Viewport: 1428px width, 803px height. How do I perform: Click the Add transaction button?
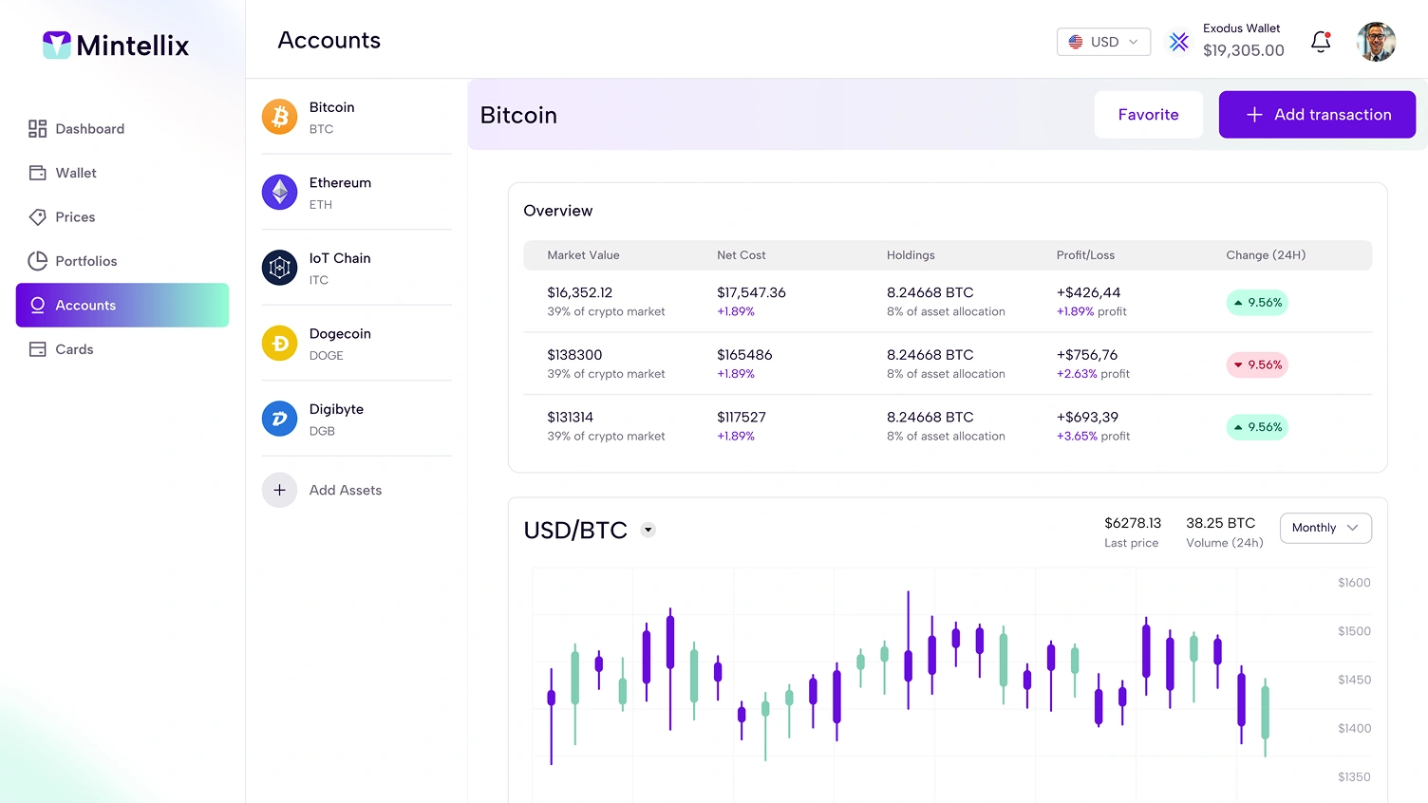point(1317,115)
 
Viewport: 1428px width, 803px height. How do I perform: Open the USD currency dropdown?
point(1103,42)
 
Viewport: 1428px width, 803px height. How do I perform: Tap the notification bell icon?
point(1320,42)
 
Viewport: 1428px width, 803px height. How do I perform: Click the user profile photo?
point(1376,42)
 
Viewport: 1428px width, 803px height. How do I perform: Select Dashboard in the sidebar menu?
point(89,129)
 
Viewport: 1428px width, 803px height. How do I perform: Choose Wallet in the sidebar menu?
point(76,173)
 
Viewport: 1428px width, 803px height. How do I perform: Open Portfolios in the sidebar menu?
point(85,261)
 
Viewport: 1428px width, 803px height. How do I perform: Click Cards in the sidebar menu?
point(74,349)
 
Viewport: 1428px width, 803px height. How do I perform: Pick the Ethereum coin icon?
point(279,192)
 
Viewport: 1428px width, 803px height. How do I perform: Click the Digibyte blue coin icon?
point(279,419)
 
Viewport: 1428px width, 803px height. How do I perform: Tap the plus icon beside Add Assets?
point(279,490)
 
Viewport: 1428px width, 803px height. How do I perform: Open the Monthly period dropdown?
point(1325,528)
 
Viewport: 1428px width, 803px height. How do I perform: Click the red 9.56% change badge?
point(1256,364)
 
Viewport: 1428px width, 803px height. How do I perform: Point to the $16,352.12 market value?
point(579,292)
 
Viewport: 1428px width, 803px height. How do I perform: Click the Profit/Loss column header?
point(1085,255)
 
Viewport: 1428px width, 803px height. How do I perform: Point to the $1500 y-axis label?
point(1354,631)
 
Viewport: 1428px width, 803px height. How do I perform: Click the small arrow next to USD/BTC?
point(648,530)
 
